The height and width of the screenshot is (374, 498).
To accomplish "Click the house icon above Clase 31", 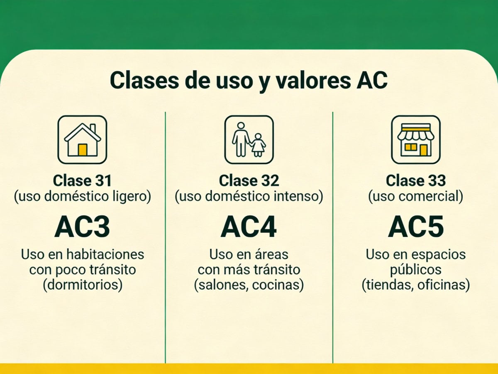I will pos(82,140).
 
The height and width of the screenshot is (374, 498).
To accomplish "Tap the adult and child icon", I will pos(249,140).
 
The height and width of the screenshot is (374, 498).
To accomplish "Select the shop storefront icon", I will pos(416,140).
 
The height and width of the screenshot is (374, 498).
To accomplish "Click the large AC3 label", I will pos(82,227).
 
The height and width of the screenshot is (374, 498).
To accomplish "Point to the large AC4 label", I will pos(249,227).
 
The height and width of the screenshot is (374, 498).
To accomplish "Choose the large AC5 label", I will pos(416,227).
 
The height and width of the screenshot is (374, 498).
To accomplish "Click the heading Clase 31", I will pos(82,181).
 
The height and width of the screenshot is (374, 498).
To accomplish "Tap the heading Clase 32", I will pos(249,181).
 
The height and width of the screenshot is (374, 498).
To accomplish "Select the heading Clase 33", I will pos(416,181).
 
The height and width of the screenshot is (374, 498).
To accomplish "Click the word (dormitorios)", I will pos(82,285).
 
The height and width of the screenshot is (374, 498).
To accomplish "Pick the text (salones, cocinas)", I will pos(249,285).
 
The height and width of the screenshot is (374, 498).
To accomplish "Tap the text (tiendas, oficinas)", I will pos(416,285).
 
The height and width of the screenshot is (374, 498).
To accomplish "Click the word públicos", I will pos(416,270).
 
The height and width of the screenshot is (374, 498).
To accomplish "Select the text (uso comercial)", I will pos(416,196).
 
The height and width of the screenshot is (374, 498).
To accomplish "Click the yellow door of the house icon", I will pos(83,150).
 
